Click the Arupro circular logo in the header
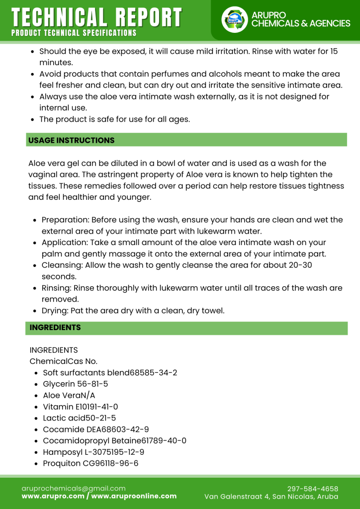coord(234,19)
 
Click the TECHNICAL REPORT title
coord(96,17)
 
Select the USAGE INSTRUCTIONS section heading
coord(71,140)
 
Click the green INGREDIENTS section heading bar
coord(186,328)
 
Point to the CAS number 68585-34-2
coord(154,372)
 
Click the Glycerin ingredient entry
coord(75,384)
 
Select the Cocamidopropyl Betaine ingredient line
coord(114,440)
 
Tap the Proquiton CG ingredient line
coord(90,463)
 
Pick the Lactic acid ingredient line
coord(79,418)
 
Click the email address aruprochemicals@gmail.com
coord(74,489)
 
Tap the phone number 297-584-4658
coord(313,489)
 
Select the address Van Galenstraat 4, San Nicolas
coord(271,497)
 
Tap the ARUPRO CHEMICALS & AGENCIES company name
coord(300,19)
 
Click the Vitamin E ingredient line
coord(80,407)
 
